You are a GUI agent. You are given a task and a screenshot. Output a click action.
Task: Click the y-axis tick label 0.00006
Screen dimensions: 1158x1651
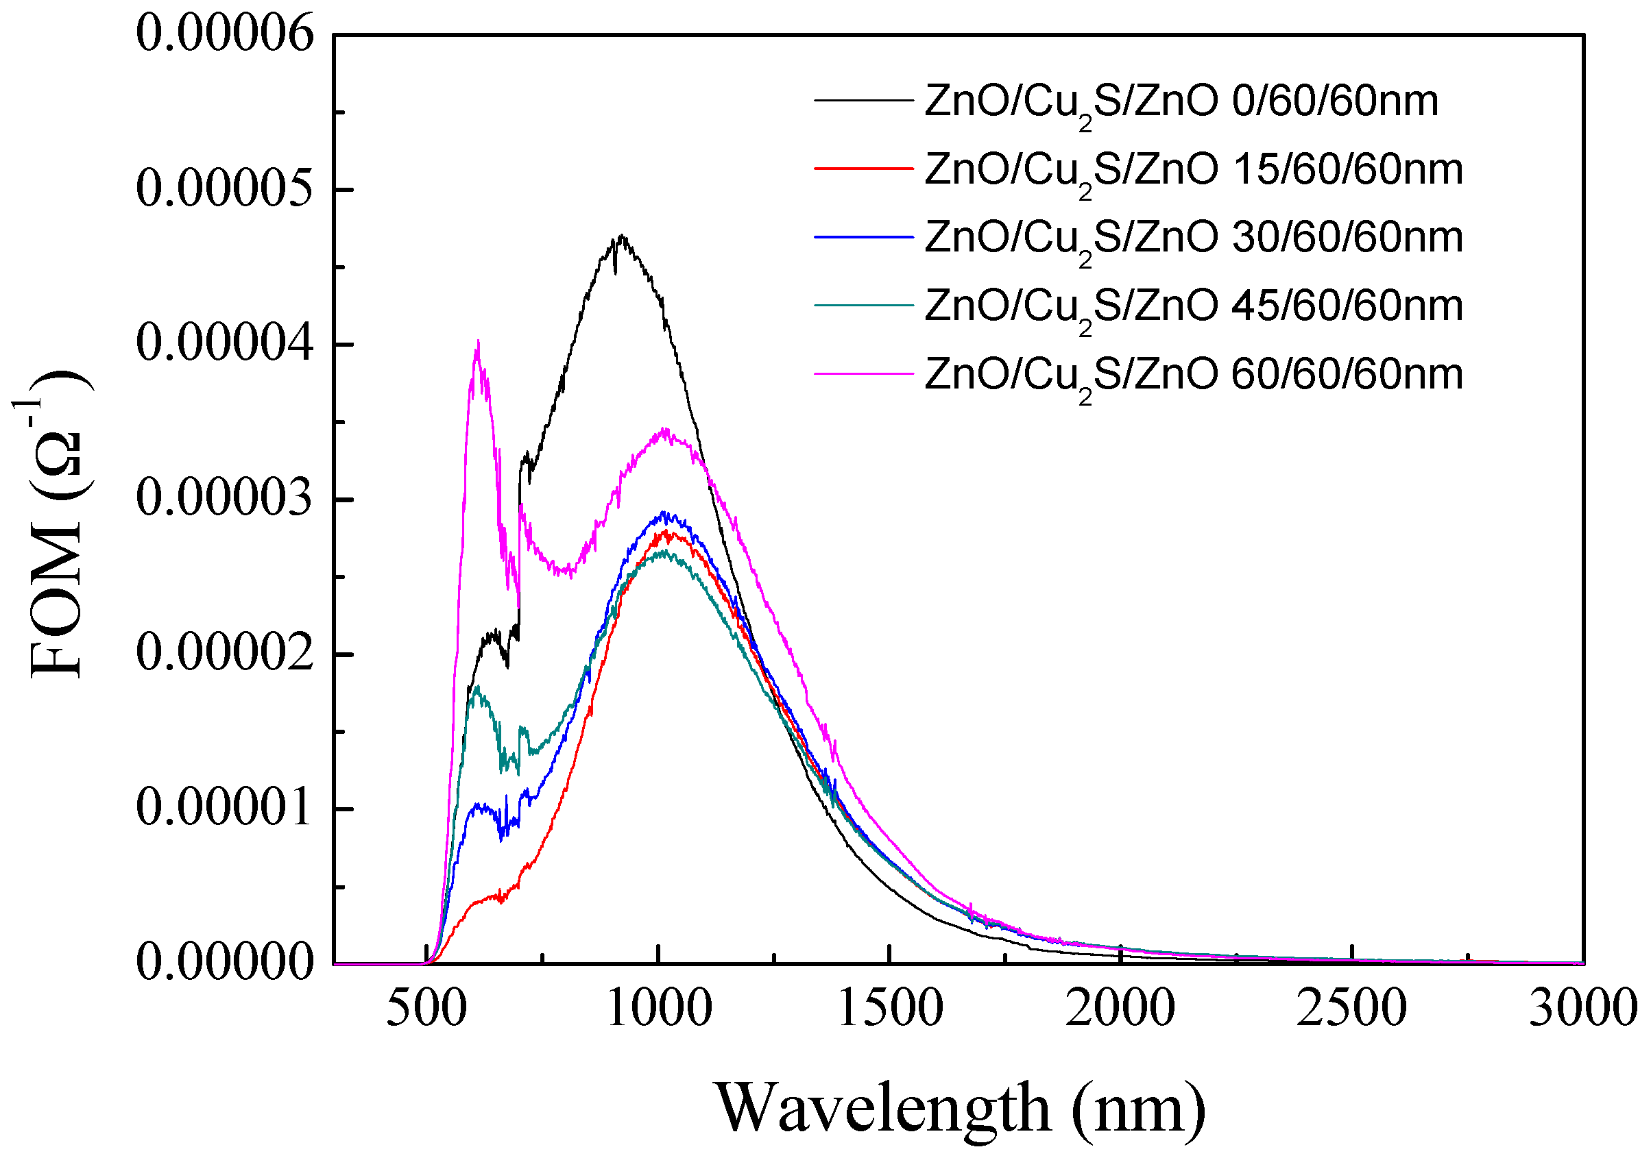point(225,34)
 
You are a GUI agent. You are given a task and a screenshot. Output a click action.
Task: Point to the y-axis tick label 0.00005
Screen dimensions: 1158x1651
point(225,189)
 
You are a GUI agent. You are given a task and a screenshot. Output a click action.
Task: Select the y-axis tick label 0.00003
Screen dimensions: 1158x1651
point(225,498)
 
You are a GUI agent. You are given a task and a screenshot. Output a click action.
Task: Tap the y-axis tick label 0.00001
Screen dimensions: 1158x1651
point(225,808)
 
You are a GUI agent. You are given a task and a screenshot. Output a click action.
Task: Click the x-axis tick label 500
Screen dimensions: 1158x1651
point(426,1008)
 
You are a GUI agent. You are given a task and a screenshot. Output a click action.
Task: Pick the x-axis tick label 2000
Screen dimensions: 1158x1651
point(1120,1008)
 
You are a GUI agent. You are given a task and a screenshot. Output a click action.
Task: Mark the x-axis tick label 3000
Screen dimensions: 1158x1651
point(1582,1008)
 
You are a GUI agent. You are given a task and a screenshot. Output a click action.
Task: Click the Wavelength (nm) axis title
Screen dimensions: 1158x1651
point(960,1108)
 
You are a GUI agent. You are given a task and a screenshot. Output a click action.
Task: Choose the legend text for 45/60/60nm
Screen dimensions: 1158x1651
point(1194,307)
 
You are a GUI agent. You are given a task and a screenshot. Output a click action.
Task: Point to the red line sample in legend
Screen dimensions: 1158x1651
point(863,168)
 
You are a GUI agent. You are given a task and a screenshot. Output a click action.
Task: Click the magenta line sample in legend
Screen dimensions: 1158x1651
point(863,373)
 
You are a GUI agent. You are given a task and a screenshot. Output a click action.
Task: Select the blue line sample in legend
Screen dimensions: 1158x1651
point(863,236)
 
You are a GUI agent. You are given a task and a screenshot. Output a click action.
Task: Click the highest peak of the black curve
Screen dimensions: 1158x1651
point(622,236)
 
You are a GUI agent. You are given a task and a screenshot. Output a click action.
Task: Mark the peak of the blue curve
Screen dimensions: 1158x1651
point(664,513)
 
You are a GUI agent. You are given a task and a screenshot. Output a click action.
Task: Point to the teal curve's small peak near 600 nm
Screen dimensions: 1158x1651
point(477,688)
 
